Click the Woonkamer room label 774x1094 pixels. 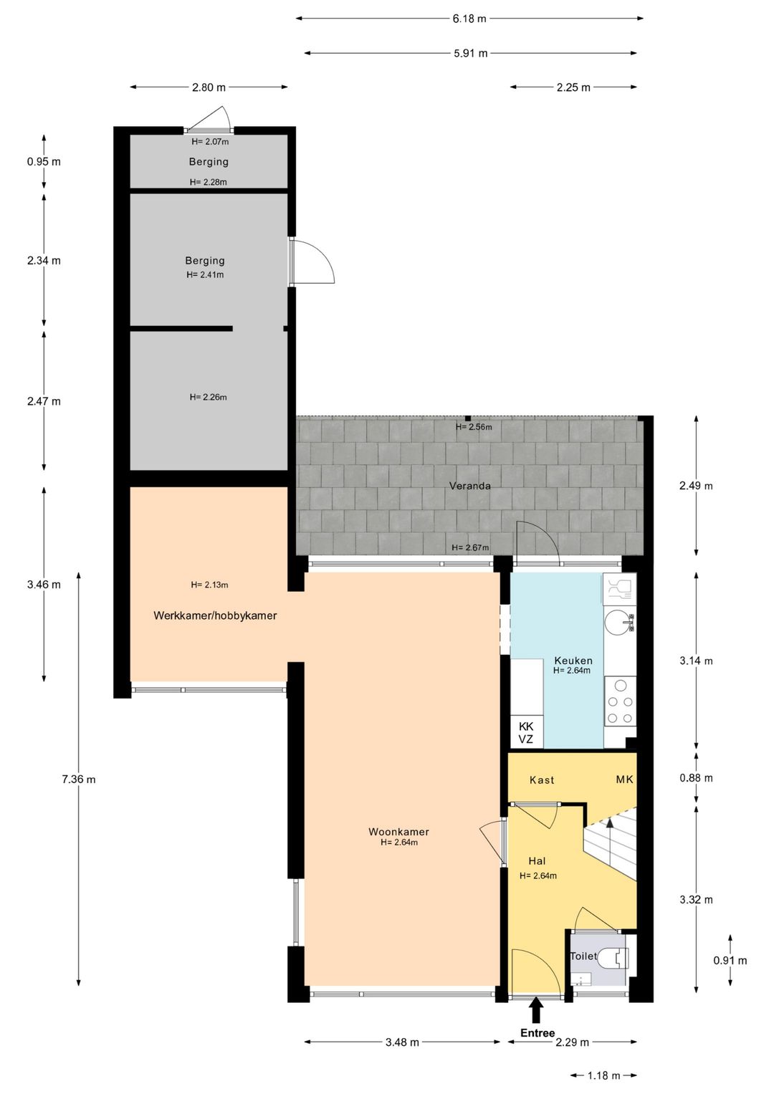398,832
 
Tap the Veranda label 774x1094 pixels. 470,486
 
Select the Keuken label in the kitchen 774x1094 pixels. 573,661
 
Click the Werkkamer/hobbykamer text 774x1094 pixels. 215,615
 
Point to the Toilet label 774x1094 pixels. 583,956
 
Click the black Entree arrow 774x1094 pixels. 536,1010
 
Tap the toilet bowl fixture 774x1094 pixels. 614,957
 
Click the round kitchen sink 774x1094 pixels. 617,622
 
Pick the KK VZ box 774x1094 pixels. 526,733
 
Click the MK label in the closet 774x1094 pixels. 625,779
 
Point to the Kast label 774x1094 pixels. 542,780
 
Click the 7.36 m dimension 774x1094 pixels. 79,779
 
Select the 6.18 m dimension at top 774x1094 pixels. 469,19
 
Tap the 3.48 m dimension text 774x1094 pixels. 402,1042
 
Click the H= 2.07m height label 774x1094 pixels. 210,142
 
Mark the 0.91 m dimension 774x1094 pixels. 730,961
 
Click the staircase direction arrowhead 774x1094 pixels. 610,823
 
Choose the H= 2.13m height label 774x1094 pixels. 209,585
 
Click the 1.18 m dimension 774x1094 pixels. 603,1075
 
